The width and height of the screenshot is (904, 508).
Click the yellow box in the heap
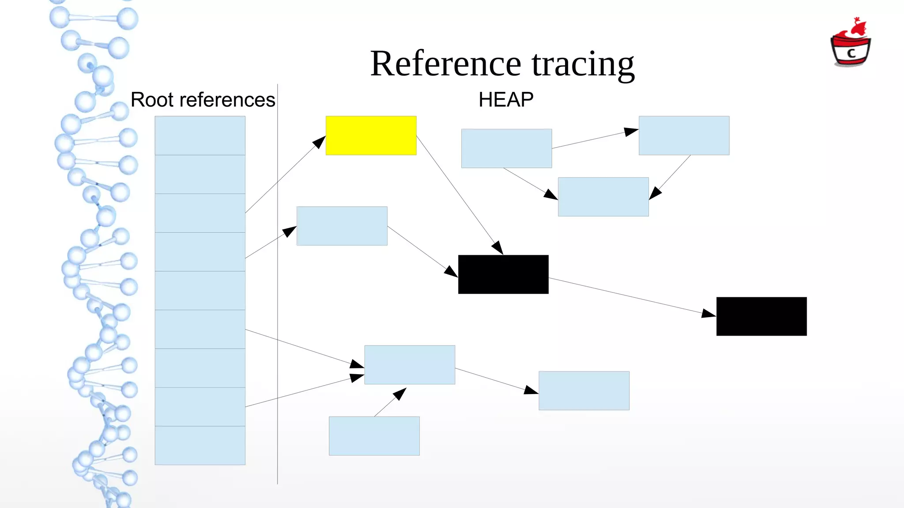coord(371,135)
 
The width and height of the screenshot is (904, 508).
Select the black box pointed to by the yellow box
coord(503,274)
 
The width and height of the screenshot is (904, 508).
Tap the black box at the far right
coord(761,316)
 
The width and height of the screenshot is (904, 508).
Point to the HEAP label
coord(506,100)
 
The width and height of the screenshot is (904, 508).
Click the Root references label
coord(203,100)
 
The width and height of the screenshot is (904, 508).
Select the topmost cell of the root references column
coord(200,135)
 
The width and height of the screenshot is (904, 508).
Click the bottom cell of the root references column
coord(200,445)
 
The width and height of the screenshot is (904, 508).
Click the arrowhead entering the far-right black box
coord(708,314)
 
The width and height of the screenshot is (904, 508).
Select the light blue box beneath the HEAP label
coord(506,148)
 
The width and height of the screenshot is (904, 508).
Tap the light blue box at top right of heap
coord(684,135)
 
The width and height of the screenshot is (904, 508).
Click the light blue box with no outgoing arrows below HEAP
coord(603,197)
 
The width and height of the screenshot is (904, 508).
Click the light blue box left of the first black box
coord(342,226)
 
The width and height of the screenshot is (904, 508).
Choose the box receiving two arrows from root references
coord(410,364)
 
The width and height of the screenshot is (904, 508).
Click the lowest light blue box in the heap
coord(374,436)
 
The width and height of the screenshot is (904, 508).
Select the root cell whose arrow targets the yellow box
coord(200,213)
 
